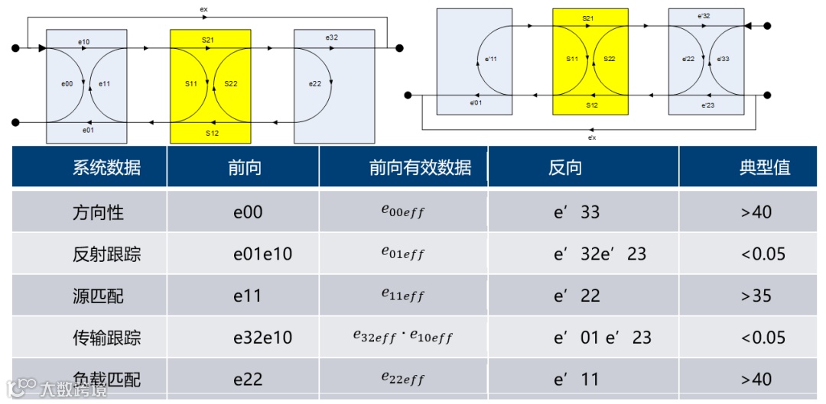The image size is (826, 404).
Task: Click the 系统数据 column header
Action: (x=106, y=168)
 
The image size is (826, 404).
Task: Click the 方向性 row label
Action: (x=98, y=212)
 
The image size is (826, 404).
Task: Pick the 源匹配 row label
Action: (x=98, y=296)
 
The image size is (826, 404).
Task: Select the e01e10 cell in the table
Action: (x=262, y=254)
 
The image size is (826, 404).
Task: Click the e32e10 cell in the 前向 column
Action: (x=262, y=337)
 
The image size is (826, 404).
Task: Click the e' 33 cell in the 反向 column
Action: (x=577, y=212)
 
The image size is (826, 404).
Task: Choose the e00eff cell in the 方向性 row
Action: (x=403, y=212)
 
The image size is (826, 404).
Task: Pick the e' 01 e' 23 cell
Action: (x=602, y=337)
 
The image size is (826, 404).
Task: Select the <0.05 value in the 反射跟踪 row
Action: (x=763, y=254)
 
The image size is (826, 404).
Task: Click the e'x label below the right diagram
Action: (x=591, y=137)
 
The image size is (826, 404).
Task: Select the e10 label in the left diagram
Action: (x=84, y=40)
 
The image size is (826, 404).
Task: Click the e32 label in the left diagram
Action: (x=331, y=37)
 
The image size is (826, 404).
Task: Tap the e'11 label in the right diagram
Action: (x=491, y=58)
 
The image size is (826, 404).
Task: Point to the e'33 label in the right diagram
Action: (x=723, y=58)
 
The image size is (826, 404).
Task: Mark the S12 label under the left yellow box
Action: (x=212, y=133)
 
